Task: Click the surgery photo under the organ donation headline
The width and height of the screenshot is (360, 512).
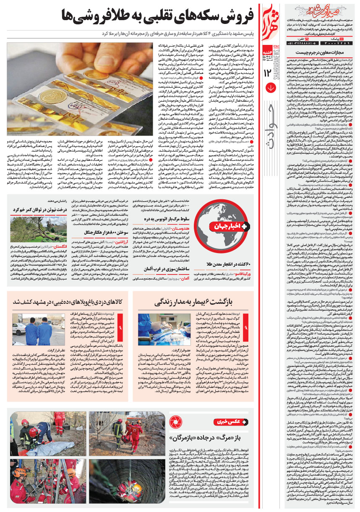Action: tap(157, 330)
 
